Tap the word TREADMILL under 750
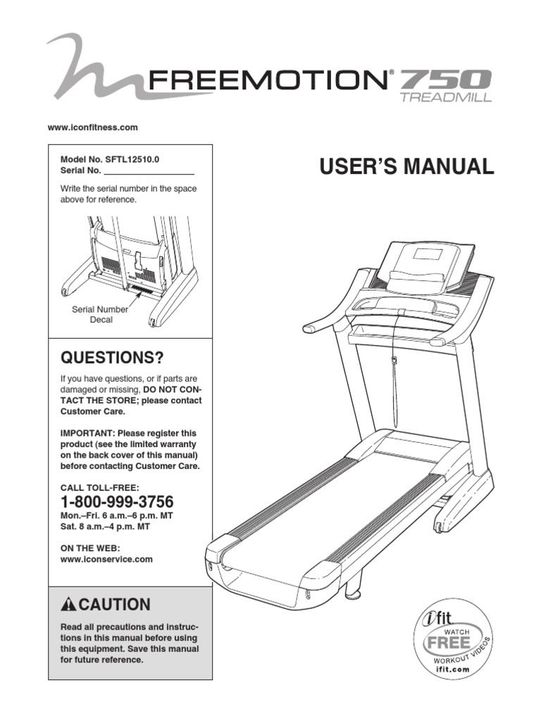pyautogui.click(x=446, y=98)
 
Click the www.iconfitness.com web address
pyautogui.click(x=92, y=127)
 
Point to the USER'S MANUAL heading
pyautogui.click(x=407, y=167)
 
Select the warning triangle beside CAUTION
pyautogui.click(x=68, y=605)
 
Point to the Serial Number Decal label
pyautogui.click(x=101, y=314)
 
